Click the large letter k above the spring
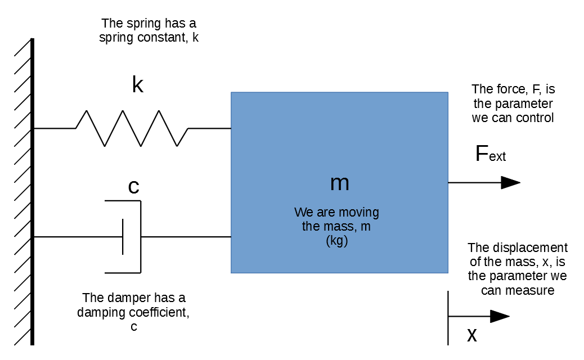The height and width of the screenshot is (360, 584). coord(137,85)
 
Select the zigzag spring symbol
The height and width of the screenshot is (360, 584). coord(132,128)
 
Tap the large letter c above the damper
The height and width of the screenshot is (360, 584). coord(134,187)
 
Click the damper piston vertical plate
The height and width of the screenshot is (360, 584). coord(123,237)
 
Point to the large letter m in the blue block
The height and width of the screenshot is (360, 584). coord(339,183)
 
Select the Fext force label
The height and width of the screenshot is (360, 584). coord(490,154)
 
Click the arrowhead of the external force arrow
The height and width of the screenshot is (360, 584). coord(510,182)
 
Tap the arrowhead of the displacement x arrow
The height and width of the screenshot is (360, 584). coord(500,316)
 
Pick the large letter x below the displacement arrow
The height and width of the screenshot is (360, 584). coord(472,335)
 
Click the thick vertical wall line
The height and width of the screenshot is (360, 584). coord(32,191)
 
